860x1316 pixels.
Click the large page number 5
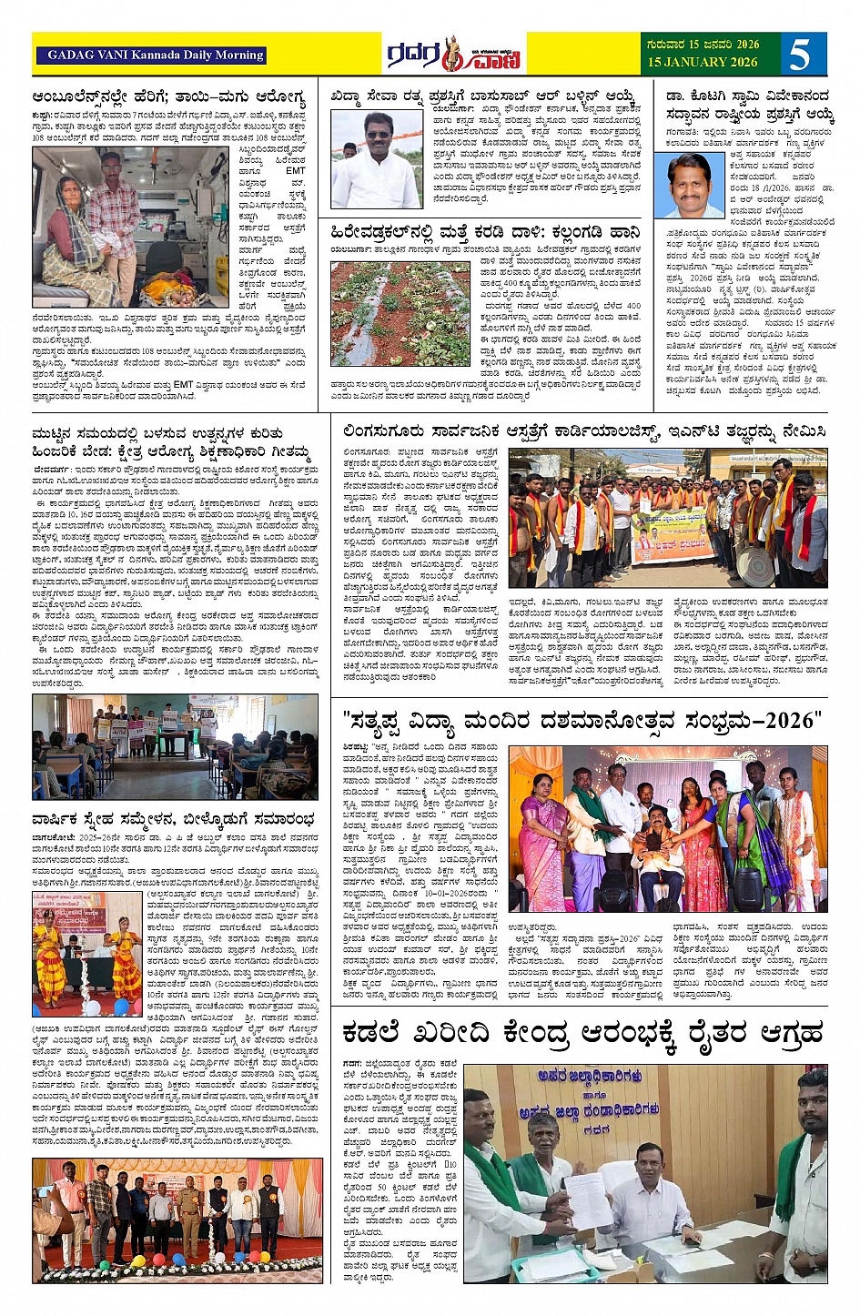[x=799, y=55]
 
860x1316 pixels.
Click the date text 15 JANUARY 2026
[x=703, y=63]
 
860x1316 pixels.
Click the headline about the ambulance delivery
[x=168, y=96]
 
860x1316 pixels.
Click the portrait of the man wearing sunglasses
[x=376, y=160]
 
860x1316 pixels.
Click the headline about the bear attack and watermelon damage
[x=485, y=234]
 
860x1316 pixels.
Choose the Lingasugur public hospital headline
[x=584, y=431]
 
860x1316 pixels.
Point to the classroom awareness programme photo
[x=176, y=746]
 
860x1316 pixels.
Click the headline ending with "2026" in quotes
[x=583, y=722]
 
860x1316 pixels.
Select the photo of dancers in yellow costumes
[x=86, y=953]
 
